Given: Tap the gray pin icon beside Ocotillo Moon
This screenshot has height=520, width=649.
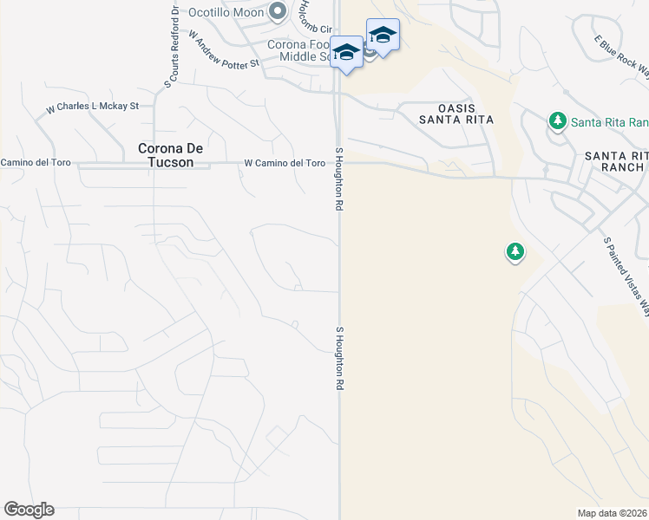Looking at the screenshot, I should (x=278, y=12).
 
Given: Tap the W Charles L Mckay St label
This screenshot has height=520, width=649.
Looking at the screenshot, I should (x=93, y=107).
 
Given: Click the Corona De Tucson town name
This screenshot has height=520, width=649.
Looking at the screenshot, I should (x=172, y=155).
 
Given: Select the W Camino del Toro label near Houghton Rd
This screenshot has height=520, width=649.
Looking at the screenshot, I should (x=285, y=163).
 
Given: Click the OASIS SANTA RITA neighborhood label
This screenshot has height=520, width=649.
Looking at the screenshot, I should (x=456, y=113).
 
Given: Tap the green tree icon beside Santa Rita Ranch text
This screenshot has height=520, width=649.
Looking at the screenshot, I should (x=557, y=121).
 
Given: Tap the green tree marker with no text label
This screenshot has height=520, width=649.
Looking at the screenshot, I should (x=515, y=252).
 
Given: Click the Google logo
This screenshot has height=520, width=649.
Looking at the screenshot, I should (x=29, y=510).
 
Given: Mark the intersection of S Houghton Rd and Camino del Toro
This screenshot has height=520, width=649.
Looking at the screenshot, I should (x=339, y=163).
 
